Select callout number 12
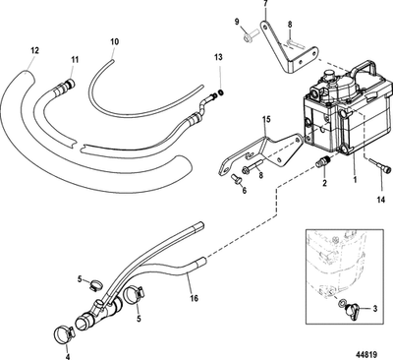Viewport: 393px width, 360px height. (35, 50)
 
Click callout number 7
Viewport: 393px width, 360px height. (265, 5)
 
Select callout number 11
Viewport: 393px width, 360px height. (72, 60)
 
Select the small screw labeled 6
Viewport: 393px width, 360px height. (240, 180)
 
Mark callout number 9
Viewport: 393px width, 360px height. (237, 22)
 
